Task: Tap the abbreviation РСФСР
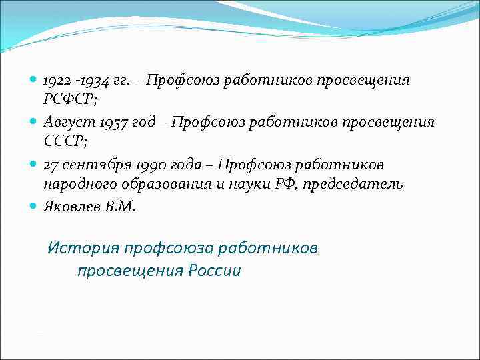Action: pos(64,101)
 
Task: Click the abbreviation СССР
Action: pos(63,143)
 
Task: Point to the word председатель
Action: pos(352,185)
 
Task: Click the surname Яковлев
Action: pos(71,206)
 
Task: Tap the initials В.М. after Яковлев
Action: pos(120,206)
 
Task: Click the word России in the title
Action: pos(214,271)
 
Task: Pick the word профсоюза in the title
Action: pos(167,248)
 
